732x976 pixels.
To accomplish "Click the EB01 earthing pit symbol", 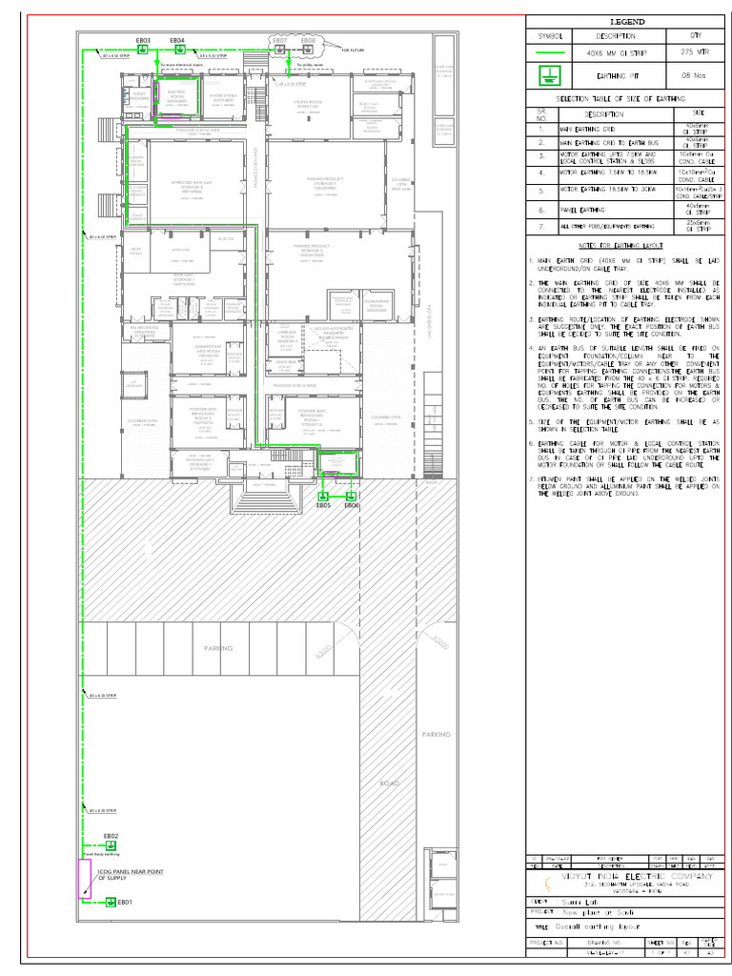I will point(111,902).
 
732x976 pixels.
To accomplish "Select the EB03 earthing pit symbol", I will point(142,50).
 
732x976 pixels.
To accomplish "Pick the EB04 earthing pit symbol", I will point(177,50).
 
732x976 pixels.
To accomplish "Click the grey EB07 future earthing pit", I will point(280,50).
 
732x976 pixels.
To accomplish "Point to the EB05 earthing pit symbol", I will point(323,496).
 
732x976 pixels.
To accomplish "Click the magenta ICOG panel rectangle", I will point(85,880).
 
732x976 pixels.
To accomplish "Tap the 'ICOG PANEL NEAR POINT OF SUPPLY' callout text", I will point(131,875).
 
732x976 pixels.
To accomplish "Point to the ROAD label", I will point(389,783).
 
